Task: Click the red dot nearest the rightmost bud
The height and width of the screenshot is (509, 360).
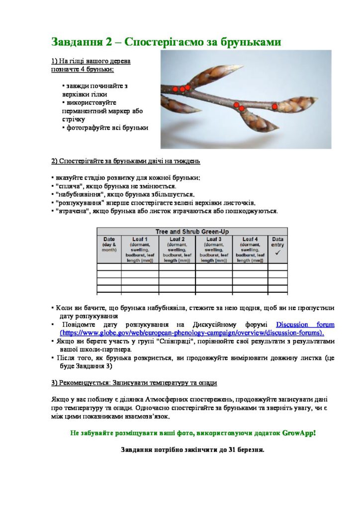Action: pos(274,106)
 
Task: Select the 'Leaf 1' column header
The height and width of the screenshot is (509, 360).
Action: pos(140,239)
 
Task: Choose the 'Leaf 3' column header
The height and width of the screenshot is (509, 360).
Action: pos(213,239)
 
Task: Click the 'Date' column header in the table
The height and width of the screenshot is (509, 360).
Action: pos(109,239)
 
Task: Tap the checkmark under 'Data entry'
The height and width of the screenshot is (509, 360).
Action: pos(277,253)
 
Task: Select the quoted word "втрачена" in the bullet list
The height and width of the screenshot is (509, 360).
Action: pos(73,211)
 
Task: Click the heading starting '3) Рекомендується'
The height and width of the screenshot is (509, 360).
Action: pos(134,383)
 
